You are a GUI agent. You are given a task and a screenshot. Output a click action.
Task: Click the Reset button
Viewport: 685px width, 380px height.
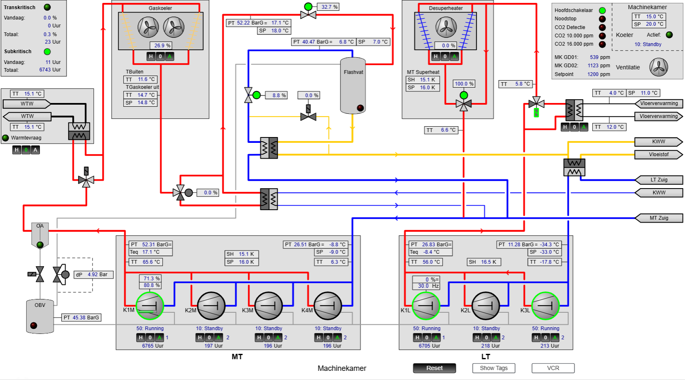[x=434, y=368]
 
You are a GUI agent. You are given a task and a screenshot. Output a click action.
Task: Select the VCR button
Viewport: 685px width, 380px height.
[x=553, y=368]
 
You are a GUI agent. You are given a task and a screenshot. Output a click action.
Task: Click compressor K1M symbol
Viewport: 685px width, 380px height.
[x=149, y=306]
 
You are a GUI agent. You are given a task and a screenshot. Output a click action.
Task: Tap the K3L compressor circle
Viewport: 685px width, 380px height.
[x=545, y=306]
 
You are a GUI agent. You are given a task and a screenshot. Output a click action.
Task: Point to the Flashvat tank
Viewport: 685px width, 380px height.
[x=353, y=86]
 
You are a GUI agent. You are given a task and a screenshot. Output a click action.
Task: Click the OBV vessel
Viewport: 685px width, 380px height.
[x=40, y=316]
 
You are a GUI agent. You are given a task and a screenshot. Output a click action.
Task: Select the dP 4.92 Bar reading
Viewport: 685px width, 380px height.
[x=93, y=275]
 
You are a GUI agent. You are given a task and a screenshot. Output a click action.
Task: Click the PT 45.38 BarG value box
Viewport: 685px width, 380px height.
[x=81, y=318]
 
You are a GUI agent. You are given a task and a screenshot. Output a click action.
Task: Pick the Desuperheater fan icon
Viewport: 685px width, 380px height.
[x=446, y=27]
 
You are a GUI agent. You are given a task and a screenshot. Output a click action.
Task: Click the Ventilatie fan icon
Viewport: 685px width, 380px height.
[x=659, y=67]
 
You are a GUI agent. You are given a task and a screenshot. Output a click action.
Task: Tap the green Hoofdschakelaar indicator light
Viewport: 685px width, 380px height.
[x=602, y=10]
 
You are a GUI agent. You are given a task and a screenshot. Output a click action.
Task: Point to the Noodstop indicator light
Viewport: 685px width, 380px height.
[x=602, y=19]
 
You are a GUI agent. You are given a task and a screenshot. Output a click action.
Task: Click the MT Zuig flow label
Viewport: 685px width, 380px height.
[x=659, y=218]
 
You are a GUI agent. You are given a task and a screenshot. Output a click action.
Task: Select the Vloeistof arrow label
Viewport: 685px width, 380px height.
[x=659, y=154]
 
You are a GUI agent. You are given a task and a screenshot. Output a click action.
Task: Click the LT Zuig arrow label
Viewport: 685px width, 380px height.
[x=659, y=180]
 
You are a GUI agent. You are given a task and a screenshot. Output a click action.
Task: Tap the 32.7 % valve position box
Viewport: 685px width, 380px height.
[x=328, y=7]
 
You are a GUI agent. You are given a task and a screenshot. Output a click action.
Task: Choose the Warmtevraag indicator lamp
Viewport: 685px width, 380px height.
[x=5, y=138]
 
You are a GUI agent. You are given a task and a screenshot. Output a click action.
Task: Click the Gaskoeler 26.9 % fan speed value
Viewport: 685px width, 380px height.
[x=161, y=46]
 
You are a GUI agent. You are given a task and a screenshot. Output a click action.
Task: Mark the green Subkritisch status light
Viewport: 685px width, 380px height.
[x=47, y=51]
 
